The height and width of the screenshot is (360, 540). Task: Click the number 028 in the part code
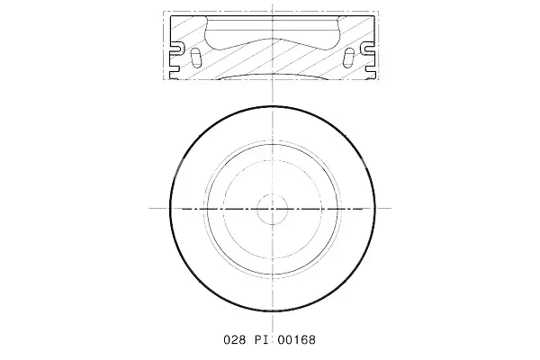235,340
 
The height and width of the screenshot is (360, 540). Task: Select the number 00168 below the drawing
296,340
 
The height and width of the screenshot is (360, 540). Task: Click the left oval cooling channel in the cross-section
195,58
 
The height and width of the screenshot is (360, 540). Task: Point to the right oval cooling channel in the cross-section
349,58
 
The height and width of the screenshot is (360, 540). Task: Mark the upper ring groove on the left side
176,49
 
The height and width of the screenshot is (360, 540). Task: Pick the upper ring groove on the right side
368,49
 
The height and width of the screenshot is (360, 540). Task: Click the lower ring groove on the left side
175,69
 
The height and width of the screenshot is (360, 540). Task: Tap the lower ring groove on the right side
370,69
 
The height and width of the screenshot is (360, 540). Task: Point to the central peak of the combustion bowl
273,38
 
